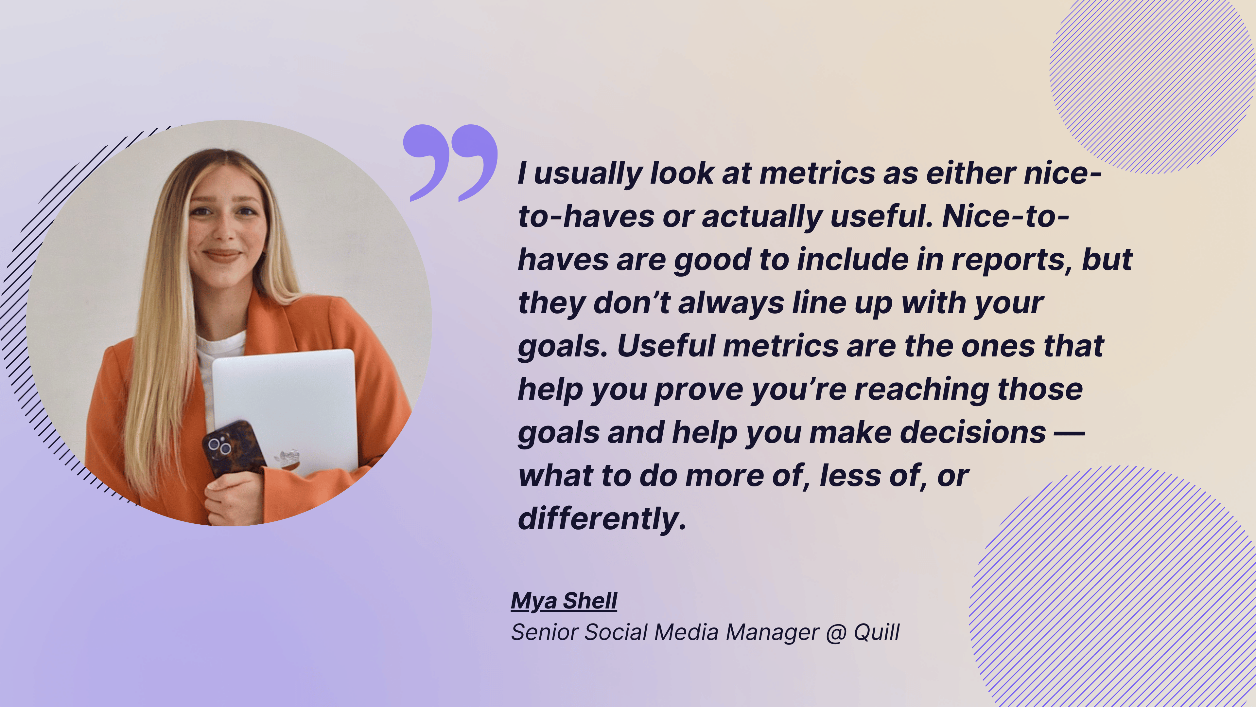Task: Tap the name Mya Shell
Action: (564, 601)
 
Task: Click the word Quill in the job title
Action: (876, 632)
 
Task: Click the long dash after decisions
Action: (1069, 433)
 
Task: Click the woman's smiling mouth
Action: (222, 255)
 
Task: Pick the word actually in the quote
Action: (761, 217)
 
